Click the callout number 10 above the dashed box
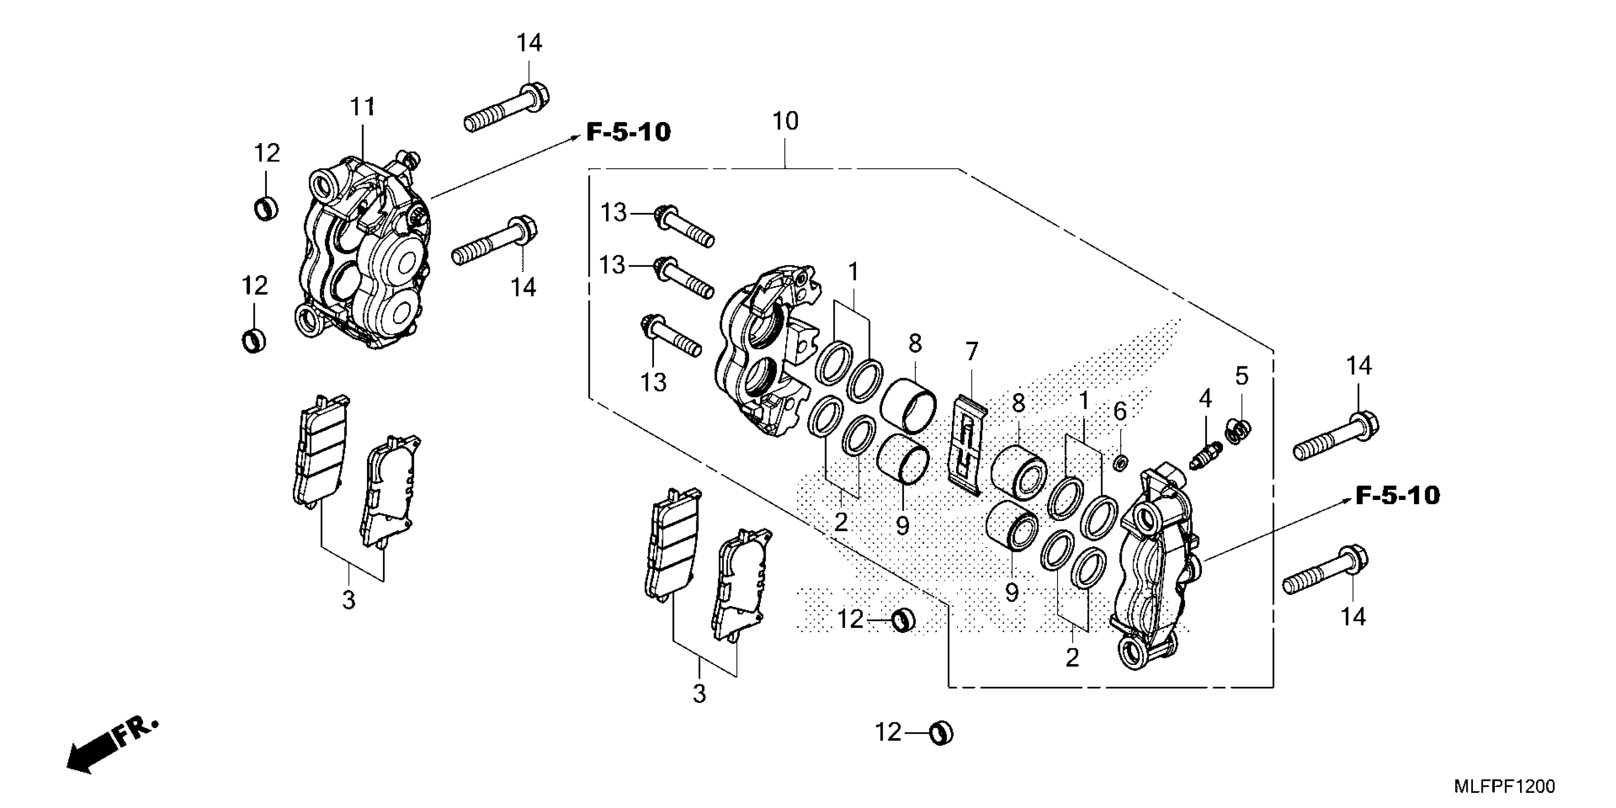785,121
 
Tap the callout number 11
363,107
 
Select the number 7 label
972,352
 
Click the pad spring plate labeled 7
967,445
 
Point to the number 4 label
1205,398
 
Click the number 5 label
1241,376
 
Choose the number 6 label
1120,412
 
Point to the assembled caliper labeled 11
364,251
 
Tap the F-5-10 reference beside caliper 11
628,132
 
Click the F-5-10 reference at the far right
1398,496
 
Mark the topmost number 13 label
614,213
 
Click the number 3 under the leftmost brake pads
349,600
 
